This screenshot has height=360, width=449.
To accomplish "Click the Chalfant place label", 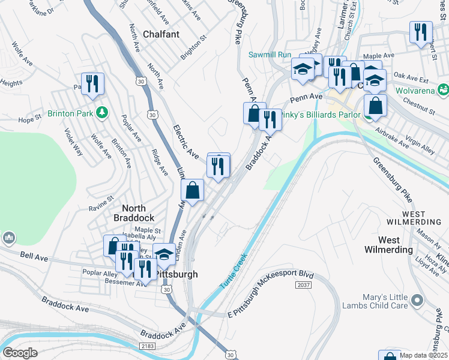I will click(161, 34).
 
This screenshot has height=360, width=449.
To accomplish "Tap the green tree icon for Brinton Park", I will click(103, 112).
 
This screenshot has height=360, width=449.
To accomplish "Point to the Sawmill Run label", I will click(270, 55).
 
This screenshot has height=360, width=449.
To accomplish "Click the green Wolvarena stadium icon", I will click(443, 91).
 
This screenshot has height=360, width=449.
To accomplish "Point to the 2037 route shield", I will click(304, 285).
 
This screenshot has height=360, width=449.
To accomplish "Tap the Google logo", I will click(20, 352).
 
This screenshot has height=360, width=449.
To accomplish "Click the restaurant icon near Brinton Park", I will click(92, 83).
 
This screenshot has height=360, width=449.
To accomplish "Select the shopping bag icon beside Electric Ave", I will click(193, 191).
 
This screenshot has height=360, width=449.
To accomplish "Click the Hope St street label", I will click(29, 119).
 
